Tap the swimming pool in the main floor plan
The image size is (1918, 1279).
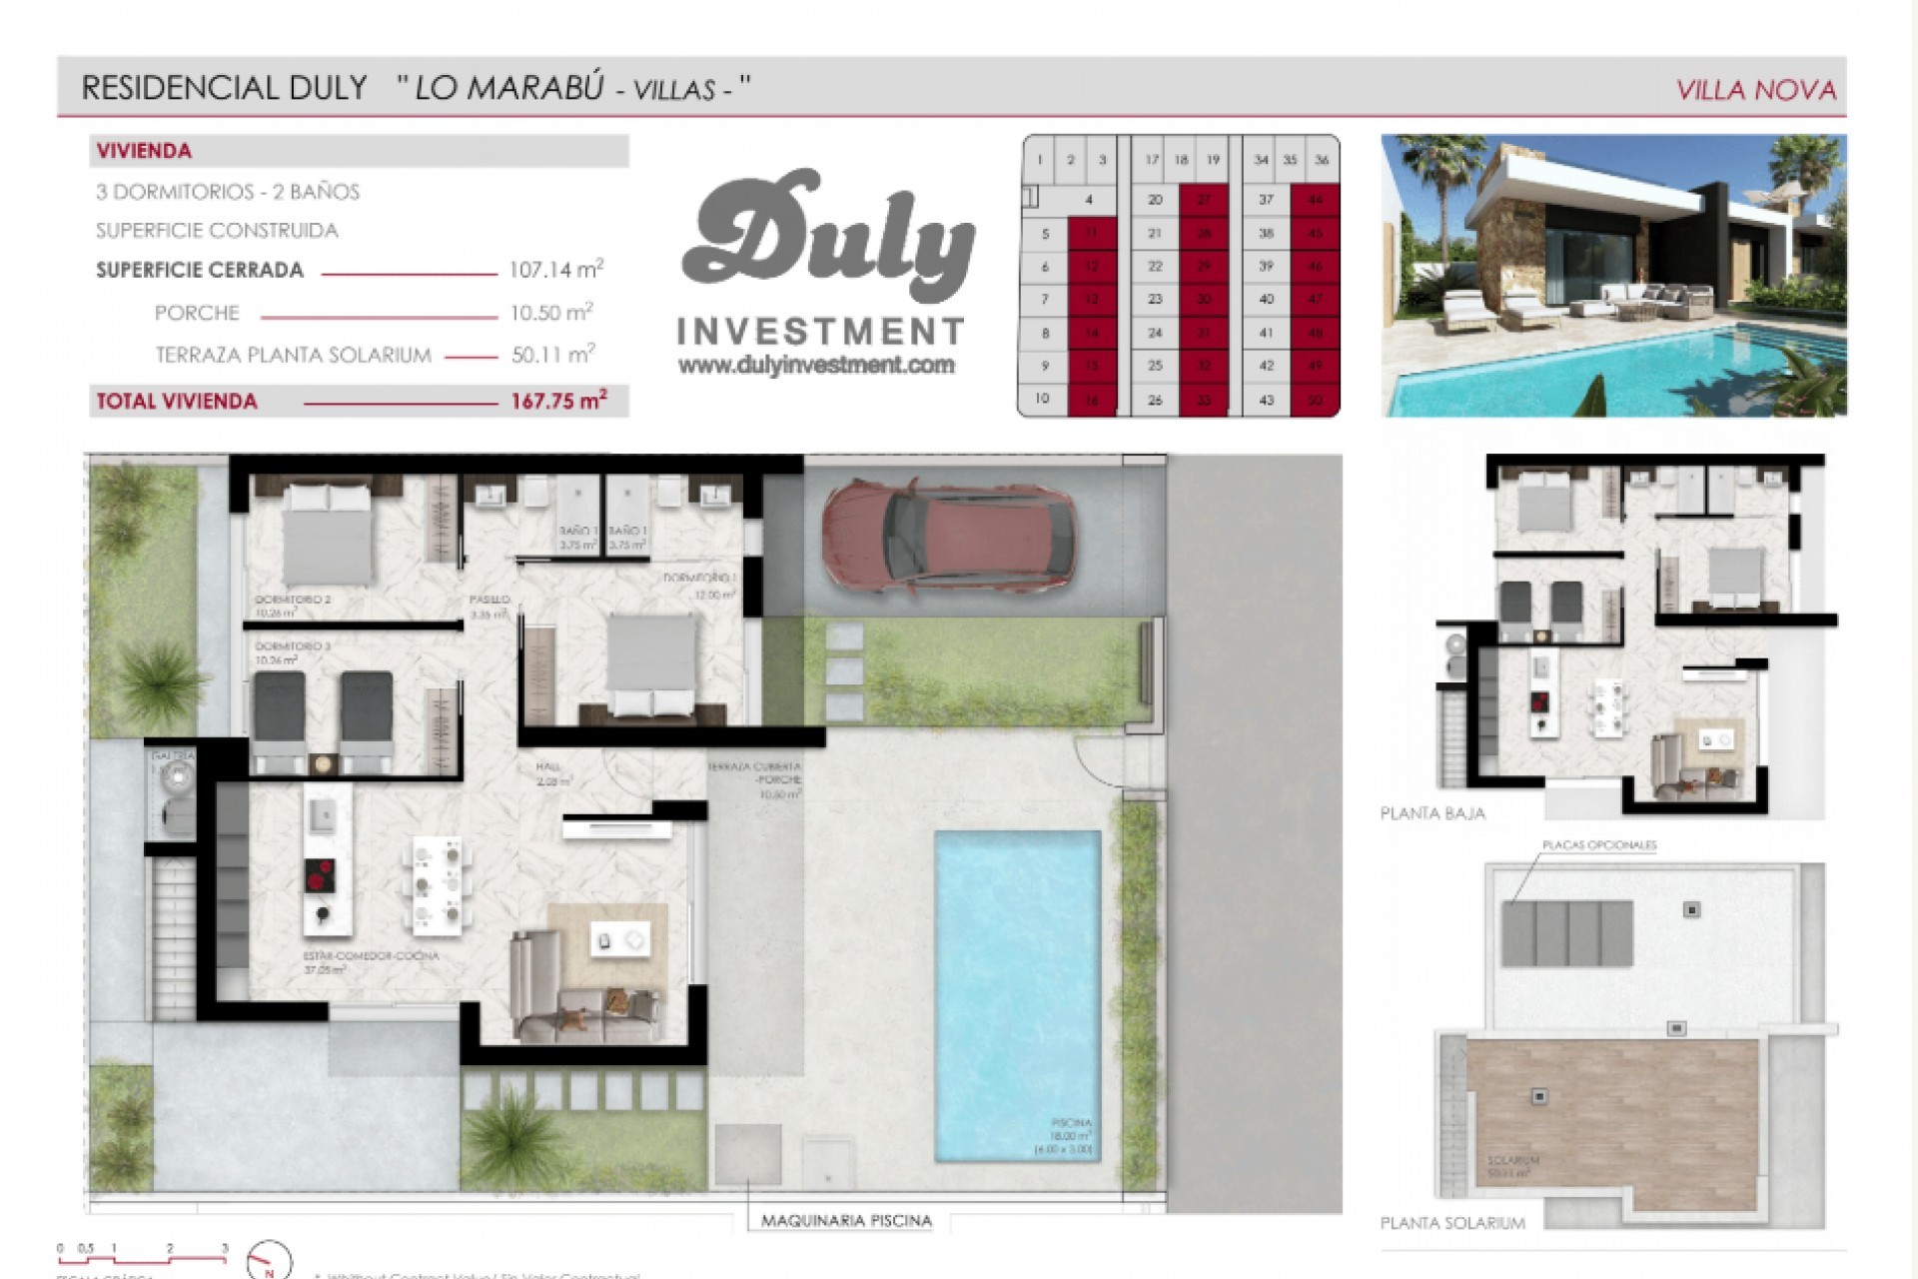1017,994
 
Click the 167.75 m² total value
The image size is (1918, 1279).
558,402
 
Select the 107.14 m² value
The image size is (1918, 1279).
555,270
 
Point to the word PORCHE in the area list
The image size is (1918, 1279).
197,314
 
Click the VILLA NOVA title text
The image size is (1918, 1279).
1755,91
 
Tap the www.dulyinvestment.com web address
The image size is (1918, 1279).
816,366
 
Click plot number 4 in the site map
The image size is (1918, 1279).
1089,200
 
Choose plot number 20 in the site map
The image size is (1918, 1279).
1155,200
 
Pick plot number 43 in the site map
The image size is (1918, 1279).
1266,400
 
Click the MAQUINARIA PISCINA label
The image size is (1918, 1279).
846,1221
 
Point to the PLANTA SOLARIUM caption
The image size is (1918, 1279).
1452,1223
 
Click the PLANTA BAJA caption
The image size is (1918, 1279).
1433,813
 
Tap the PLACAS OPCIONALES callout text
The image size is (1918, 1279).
1599,845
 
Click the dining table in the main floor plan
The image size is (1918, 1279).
438,883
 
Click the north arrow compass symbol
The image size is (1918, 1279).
270,1262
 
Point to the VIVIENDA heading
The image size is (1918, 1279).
144,152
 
